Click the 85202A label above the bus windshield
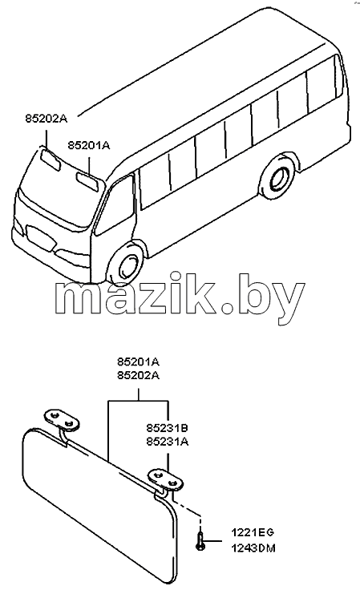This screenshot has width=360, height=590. (46, 119)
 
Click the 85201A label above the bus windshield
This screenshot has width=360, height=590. (89, 145)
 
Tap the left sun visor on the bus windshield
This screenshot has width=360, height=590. (51, 160)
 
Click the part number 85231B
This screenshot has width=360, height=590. (168, 428)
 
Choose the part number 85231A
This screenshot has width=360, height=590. (168, 442)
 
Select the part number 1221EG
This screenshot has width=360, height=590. (253, 532)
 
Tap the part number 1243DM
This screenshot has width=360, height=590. (253, 548)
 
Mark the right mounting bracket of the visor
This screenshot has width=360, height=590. (165, 479)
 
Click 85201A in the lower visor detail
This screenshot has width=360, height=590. (139, 362)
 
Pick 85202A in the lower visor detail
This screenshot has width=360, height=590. (139, 375)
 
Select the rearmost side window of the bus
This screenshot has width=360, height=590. (322, 87)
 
